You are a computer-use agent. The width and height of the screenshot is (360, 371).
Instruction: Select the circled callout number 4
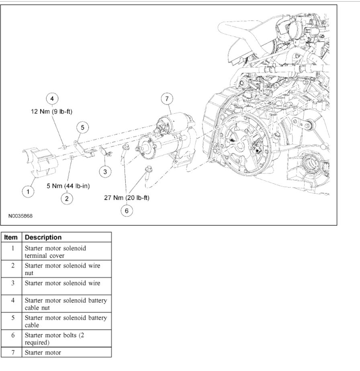pyautogui.click(x=52, y=98)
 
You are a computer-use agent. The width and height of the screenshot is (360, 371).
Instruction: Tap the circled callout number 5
pyautogui.click(x=82, y=128)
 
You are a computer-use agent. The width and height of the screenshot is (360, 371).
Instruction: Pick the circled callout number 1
pyautogui.click(x=28, y=192)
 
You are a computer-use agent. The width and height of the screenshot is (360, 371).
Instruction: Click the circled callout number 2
pyautogui.click(x=67, y=198)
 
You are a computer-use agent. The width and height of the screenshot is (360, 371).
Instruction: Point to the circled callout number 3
pyautogui.click(x=105, y=172)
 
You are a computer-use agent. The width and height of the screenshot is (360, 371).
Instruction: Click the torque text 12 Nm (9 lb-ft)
pyautogui.click(x=52, y=111)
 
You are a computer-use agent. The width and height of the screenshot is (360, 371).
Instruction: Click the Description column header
pyautogui.click(x=43, y=237)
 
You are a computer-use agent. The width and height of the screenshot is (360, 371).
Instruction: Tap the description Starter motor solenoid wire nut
pyautogui.click(x=63, y=269)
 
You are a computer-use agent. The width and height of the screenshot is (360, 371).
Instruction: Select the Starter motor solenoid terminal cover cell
pyautogui.click(x=55, y=252)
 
